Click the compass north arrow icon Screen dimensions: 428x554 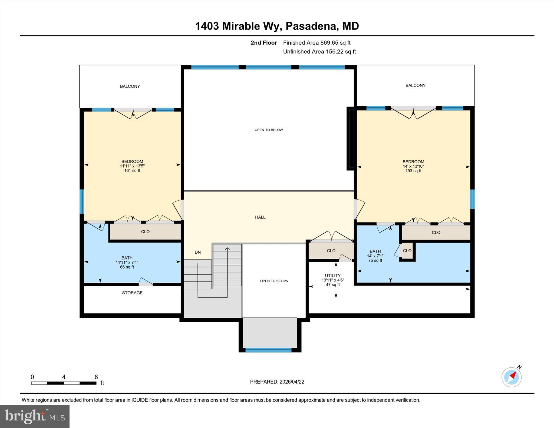(511, 377)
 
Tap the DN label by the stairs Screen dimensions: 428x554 (198, 252)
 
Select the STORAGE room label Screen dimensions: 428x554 (132, 293)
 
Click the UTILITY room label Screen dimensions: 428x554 (332, 276)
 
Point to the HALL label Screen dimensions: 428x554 (260, 217)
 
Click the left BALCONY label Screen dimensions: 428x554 (130, 86)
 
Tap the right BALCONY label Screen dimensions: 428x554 (415, 85)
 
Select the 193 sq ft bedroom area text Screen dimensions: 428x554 (413, 171)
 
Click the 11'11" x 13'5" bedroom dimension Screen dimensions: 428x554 (132, 166)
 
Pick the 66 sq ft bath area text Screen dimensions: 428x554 (127, 267)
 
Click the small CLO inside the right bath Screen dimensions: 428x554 (407, 251)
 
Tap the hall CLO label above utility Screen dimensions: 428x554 (331, 251)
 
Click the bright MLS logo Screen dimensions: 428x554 (35, 416)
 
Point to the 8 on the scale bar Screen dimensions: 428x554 (96, 377)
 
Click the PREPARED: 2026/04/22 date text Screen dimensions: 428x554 (277, 382)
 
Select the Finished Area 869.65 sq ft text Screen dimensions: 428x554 (316, 43)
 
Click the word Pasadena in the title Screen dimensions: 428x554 (311, 26)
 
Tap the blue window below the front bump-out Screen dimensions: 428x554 (268, 350)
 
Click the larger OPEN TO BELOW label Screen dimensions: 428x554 (269, 130)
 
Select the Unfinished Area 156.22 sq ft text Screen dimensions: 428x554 (319, 52)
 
